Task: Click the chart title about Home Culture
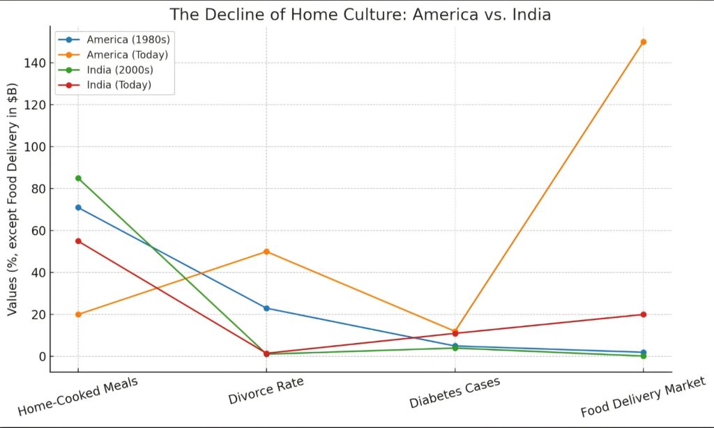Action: (x=360, y=15)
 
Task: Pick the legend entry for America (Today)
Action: (x=125, y=55)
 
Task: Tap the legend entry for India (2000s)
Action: (x=121, y=70)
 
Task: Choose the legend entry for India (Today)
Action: (x=119, y=86)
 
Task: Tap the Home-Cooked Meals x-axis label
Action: (x=77, y=397)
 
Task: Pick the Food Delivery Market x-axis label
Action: (x=643, y=398)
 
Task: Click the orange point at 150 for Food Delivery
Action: (x=643, y=42)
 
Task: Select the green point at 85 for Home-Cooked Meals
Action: (x=78, y=178)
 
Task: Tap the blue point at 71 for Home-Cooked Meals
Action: (x=78, y=207)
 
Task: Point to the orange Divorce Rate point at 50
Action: (x=266, y=252)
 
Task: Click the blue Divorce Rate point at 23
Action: (x=266, y=308)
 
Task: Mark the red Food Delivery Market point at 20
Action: (x=643, y=314)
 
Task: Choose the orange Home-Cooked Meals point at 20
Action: (x=78, y=314)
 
